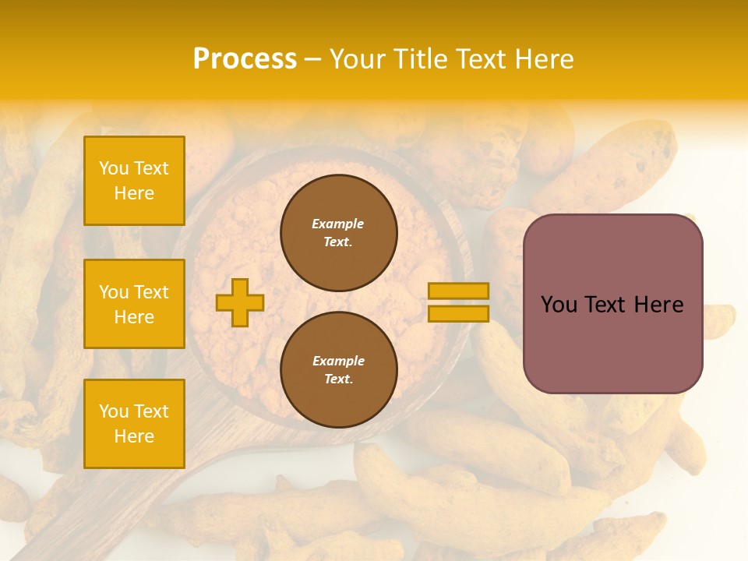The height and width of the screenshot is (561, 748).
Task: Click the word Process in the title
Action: point(245,59)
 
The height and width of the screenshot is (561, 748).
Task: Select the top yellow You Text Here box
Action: point(134,181)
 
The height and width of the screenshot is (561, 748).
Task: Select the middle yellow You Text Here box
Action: point(134,304)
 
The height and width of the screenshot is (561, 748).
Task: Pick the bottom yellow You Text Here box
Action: point(134,423)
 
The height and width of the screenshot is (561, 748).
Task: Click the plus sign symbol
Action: point(240,302)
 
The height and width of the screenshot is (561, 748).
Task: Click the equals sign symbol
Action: point(458,302)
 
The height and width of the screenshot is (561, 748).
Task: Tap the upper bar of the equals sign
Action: point(458,291)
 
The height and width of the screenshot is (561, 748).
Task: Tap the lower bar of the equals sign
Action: point(458,313)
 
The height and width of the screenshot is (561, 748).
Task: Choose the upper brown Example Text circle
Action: point(338,233)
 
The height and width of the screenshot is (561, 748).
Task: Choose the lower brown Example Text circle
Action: point(338,369)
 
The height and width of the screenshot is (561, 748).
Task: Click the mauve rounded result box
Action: point(612,303)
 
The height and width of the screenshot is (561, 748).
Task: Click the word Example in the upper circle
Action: point(338,224)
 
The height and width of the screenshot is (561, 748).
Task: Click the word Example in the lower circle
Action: point(338,361)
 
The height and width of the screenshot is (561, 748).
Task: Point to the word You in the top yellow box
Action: point(114,168)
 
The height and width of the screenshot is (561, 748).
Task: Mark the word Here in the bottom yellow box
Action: point(134,436)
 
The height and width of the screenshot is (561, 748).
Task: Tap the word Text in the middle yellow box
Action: point(151,292)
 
